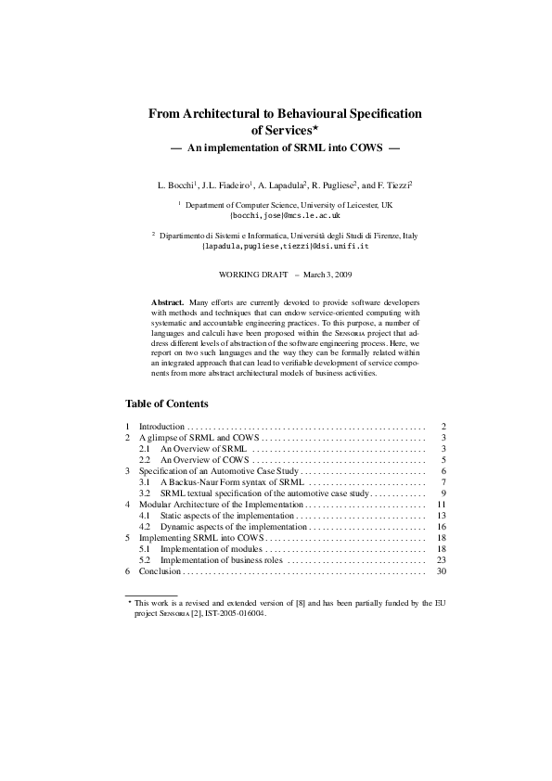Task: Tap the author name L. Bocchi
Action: (177, 186)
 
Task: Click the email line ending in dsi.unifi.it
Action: (286, 248)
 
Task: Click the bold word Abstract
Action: (167, 303)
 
